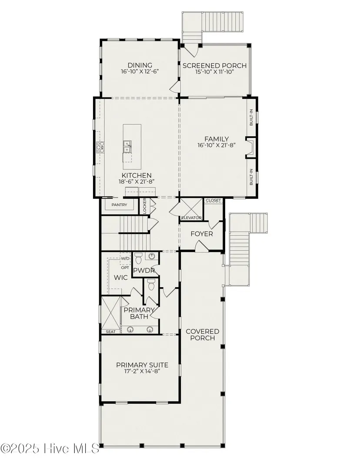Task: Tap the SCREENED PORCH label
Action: tap(215, 65)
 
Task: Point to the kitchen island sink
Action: tap(127, 147)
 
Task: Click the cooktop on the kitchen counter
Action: tap(100, 148)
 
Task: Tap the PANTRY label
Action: tap(119, 205)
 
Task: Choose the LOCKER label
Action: tap(144, 205)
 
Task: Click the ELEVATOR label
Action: tap(191, 218)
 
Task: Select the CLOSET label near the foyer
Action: tap(213, 200)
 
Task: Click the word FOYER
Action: tap(202, 234)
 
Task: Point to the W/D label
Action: tap(125, 258)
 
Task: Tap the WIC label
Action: tap(121, 278)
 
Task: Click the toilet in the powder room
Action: tap(138, 258)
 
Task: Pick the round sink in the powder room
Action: tap(152, 256)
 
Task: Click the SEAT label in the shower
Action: tap(111, 332)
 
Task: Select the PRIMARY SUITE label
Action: tap(142, 365)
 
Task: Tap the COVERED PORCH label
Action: tap(203, 335)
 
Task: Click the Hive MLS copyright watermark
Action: tap(50, 449)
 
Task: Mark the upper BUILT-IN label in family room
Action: tap(251, 117)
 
